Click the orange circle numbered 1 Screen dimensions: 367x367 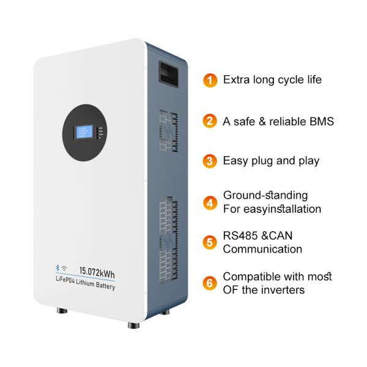coord(210,80)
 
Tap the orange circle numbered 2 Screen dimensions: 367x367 coord(210,121)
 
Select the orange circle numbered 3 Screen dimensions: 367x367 coord(210,161)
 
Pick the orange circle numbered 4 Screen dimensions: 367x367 coord(210,202)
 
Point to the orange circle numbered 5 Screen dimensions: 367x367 coord(210,242)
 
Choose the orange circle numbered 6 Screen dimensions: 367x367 coord(210,283)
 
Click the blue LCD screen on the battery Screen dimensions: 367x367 coord(84,132)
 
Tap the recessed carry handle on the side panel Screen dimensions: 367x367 coord(169,74)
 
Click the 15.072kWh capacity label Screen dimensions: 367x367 coord(97,272)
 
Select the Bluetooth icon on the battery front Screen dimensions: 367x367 coord(57,267)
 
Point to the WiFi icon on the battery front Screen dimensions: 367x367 coord(64,269)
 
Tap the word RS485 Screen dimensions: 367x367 coord(240,235)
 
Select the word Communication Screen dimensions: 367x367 coord(262,249)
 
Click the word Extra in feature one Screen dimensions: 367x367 coord(236,80)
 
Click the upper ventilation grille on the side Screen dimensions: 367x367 coord(168,131)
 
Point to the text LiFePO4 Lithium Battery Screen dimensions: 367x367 coord(86,283)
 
